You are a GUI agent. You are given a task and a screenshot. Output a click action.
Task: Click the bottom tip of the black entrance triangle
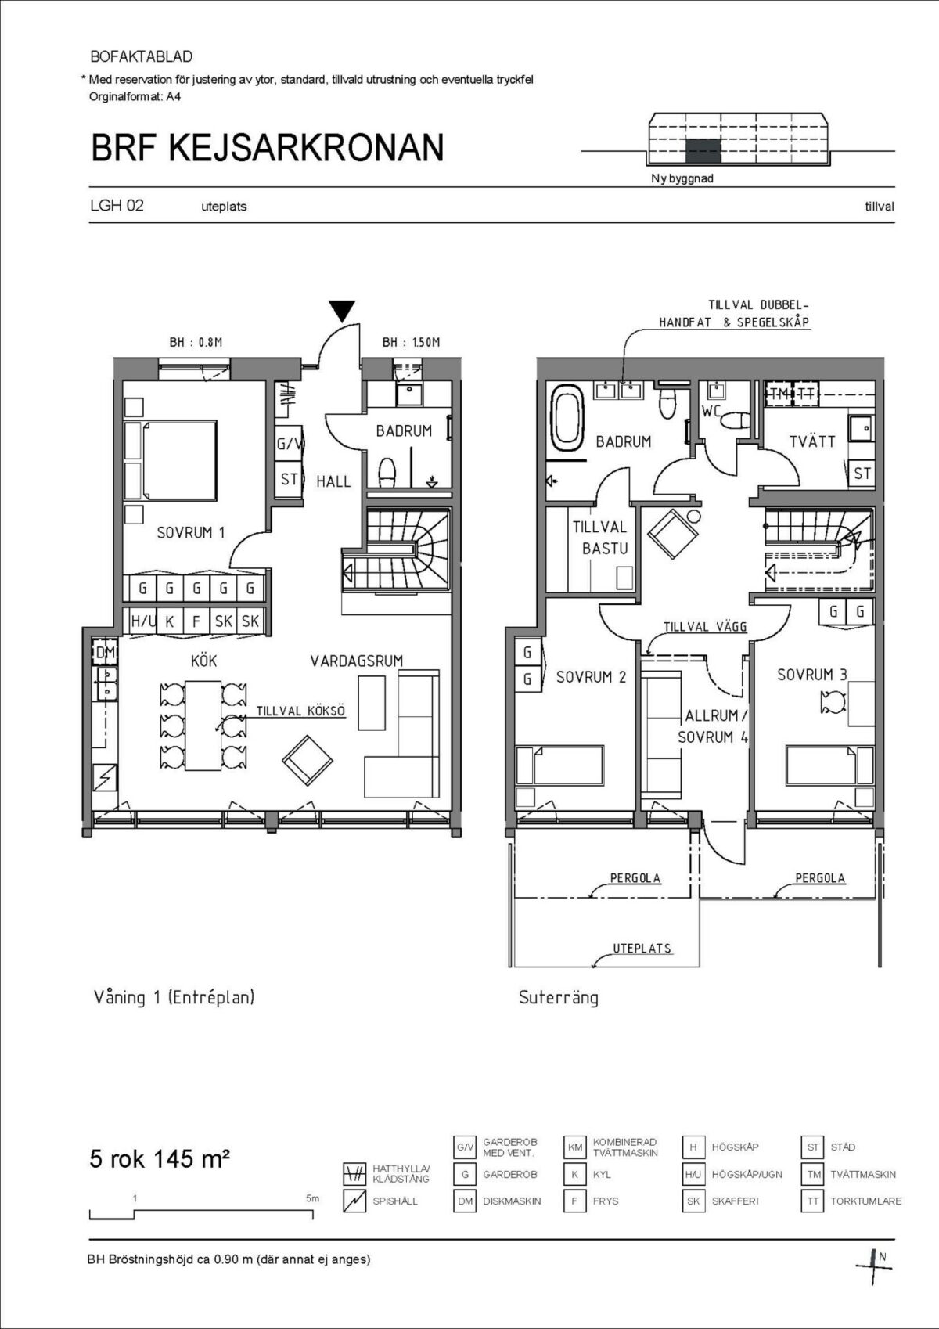(x=343, y=322)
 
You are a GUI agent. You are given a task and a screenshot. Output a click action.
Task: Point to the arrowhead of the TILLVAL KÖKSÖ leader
(x=217, y=728)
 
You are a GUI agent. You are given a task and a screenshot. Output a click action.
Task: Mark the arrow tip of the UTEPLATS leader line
(x=592, y=966)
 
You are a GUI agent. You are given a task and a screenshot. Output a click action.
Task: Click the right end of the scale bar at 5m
(x=312, y=1214)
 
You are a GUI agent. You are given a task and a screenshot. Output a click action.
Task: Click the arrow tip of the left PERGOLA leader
(x=589, y=895)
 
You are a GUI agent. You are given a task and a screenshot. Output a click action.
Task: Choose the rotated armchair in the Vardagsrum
(x=308, y=761)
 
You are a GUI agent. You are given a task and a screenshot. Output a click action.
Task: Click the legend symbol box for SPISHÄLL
(x=354, y=1201)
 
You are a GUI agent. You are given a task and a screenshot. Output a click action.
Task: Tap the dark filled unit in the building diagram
(x=703, y=151)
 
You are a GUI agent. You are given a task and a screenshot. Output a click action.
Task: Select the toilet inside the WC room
(x=735, y=420)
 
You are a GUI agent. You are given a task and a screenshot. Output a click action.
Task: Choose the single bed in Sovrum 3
(x=830, y=765)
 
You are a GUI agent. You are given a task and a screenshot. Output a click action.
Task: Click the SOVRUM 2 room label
(x=591, y=677)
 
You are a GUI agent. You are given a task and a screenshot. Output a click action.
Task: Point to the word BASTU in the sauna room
(x=604, y=549)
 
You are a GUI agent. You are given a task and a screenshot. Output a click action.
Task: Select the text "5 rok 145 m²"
(x=160, y=1158)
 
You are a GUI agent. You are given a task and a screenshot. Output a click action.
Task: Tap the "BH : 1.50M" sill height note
(x=411, y=342)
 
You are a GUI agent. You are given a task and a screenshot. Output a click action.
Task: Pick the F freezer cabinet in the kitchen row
(x=196, y=621)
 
